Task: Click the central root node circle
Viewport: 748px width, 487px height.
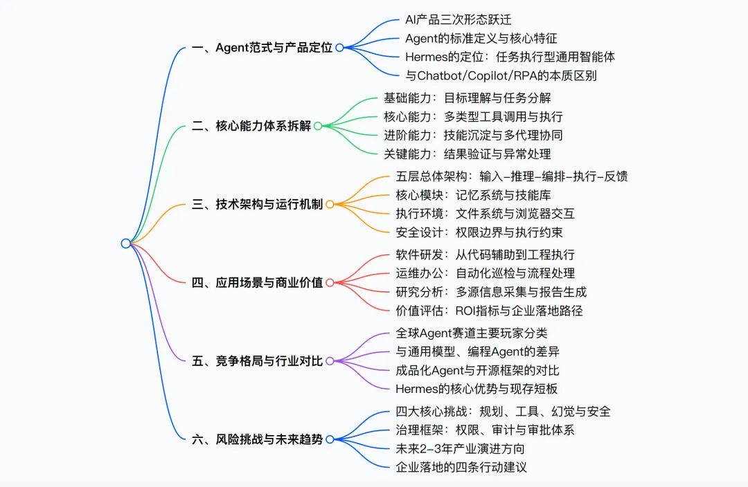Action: [x=125, y=243]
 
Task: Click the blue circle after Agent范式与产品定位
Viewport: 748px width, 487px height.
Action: [x=339, y=48]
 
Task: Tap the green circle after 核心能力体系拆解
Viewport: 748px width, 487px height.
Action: [x=318, y=126]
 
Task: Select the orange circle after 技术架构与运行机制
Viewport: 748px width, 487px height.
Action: [x=330, y=204]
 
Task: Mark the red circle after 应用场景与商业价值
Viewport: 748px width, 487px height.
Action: [x=330, y=282]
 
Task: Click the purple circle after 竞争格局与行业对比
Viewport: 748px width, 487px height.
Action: [x=330, y=360]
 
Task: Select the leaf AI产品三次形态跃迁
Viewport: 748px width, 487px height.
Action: [x=458, y=19]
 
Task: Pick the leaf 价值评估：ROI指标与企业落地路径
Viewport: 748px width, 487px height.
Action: [x=489, y=311]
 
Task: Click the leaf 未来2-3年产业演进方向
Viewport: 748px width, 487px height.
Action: [x=460, y=448]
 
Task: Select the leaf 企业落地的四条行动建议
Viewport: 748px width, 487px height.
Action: [x=461, y=467]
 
